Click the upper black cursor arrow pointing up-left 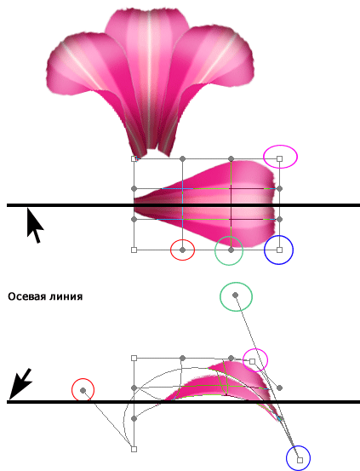(x=34, y=226)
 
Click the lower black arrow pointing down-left (x=20, y=383)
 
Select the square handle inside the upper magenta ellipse (x=279, y=158)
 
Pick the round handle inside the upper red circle (x=182, y=250)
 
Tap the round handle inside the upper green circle (x=231, y=250)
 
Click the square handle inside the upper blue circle (x=279, y=250)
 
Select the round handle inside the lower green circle (x=236, y=296)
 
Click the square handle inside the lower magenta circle (x=253, y=361)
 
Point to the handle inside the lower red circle (x=83, y=390)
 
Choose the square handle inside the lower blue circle (x=300, y=460)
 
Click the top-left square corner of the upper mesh (x=134, y=158)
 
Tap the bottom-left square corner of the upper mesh (x=134, y=250)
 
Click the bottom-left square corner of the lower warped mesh (x=134, y=449)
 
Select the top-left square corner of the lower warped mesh (x=134, y=358)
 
